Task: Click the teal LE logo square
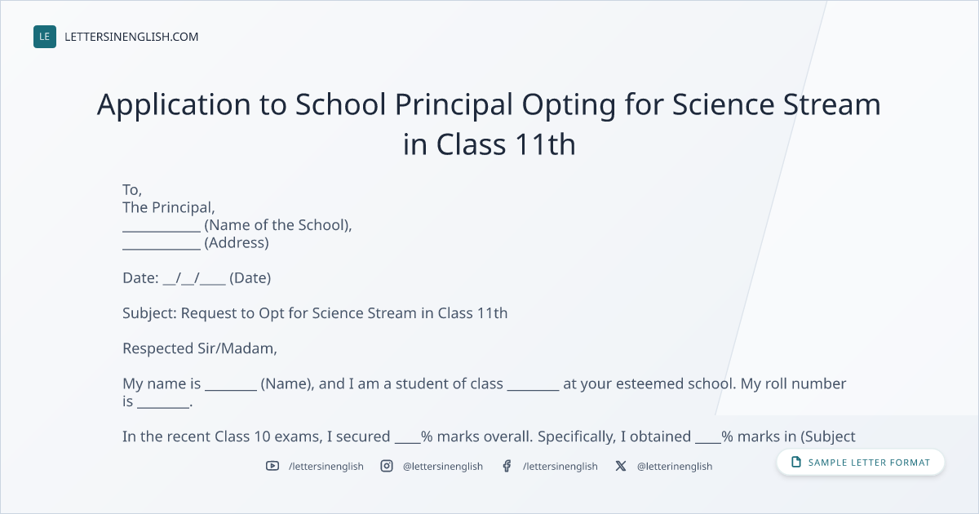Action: point(45,37)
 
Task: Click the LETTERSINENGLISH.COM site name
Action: point(131,37)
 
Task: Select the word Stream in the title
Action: point(831,104)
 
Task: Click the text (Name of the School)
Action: point(277,225)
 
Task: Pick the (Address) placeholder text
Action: point(237,242)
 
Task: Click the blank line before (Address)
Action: point(162,249)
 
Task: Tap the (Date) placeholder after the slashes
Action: point(250,278)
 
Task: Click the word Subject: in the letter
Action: point(149,313)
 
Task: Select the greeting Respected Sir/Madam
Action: point(200,348)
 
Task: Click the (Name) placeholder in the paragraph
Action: point(287,383)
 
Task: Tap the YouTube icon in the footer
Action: point(272,466)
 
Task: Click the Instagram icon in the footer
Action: point(387,466)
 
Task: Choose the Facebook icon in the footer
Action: point(507,466)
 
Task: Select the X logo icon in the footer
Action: point(621,466)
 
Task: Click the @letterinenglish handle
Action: point(675,467)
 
